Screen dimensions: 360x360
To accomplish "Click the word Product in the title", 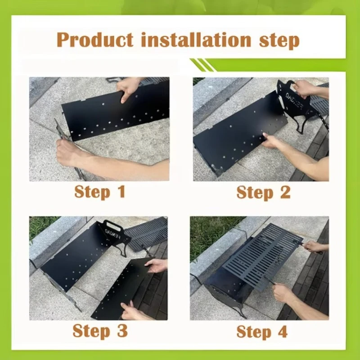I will tap(95, 40).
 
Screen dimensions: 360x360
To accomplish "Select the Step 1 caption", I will tap(99, 192).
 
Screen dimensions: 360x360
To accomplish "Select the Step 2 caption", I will tap(263, 192).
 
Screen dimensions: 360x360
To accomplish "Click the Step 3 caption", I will tap(100, 331).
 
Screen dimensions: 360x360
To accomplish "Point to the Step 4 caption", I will tap(262, 332).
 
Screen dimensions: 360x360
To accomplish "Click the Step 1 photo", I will tap(99, 129).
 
